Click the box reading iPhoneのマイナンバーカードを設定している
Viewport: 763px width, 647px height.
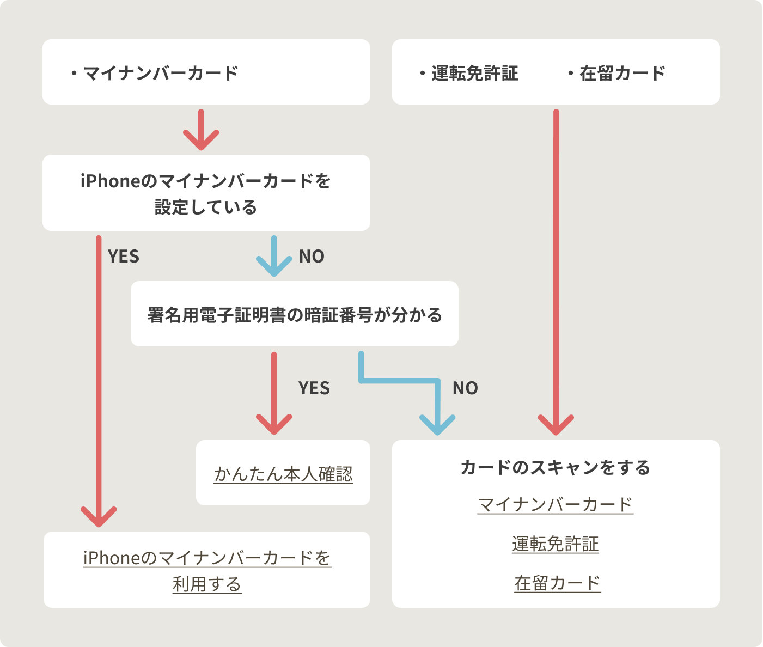pyautogui.click(x=206, y=193)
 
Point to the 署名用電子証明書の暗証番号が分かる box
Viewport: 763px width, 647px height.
pyautogui.click(x=294, y=314)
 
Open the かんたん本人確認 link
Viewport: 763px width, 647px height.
pyautogui.click(x=283, y=474)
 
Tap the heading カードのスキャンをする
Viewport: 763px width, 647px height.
pyautogui.click(x=556, y=467)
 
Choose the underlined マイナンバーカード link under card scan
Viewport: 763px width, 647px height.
pyautogui.click(x=556, y=504)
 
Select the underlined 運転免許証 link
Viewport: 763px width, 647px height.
pyautogui.click(x=556, y=544)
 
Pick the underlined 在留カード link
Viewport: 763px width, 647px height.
pyautogui.click(x=557, y=583)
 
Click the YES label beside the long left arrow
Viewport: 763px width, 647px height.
pyautogui.click(x=124, y=257)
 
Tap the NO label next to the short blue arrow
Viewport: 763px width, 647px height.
pyautogui.click(x=312, y=257)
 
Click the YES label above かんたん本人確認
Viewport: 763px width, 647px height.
pyautogui.click(x=314, y=388)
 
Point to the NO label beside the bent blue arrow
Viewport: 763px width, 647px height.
pyautogui.click(x=465, y=388)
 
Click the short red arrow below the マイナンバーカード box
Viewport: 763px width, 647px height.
pyautogui.click(x=201, y=131)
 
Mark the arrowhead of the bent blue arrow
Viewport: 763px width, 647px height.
pyautogui.click(x=437, y=425)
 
